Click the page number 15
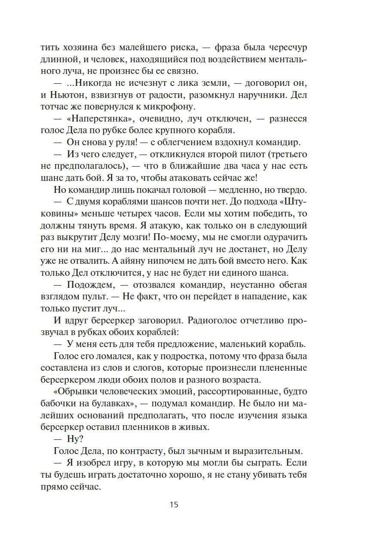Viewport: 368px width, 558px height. (174, 505)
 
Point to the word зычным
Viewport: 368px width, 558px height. (207, 451)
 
